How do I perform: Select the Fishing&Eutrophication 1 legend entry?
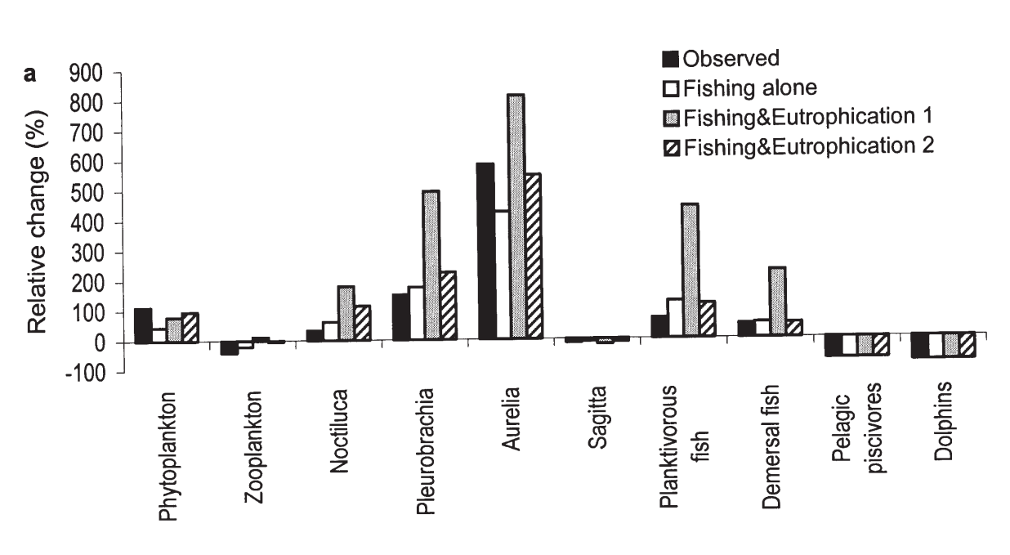pos(797,117)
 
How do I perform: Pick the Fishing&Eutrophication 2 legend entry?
pos(797,146)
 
